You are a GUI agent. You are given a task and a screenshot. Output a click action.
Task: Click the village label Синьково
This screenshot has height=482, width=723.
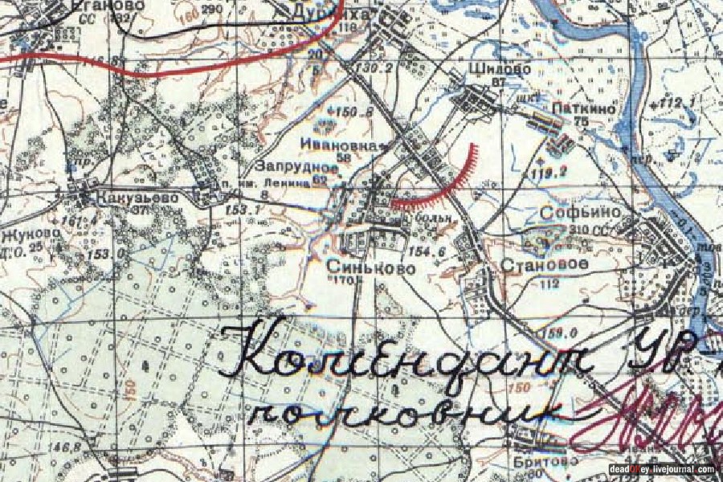click(371, 267)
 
